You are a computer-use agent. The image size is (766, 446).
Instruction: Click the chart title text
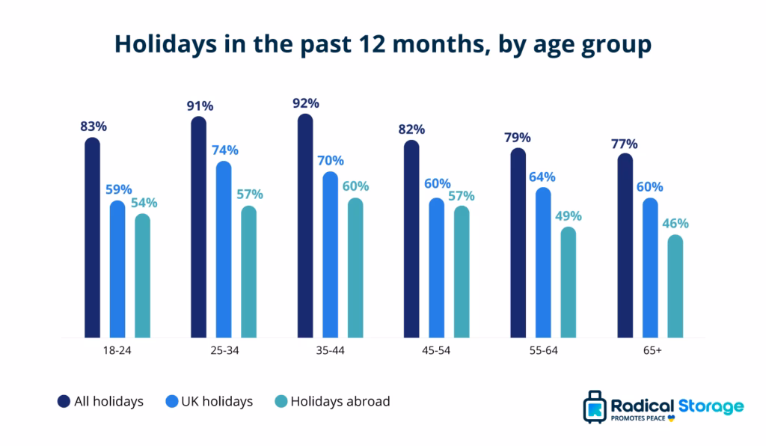382,44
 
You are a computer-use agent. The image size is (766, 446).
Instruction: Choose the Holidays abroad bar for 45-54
462,272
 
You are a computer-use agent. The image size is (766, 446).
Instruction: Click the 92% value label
306,103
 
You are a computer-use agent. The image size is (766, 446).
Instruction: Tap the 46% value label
675,223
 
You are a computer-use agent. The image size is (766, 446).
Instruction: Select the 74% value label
224,150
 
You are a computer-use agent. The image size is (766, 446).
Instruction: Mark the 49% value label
569,216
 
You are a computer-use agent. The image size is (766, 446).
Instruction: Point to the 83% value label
94,126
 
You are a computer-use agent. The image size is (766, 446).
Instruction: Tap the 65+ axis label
650,349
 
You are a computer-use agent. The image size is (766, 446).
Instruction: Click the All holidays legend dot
64,402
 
